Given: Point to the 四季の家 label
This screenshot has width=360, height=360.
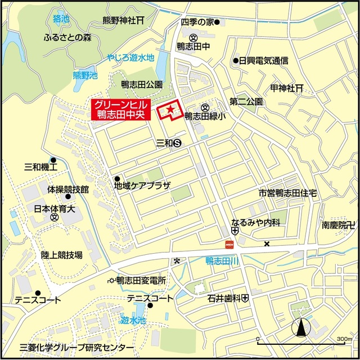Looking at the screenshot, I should [197, 22].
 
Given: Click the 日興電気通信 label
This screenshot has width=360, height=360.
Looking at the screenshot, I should [264, 60].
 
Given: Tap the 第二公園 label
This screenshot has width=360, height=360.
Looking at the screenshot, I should [246, 102].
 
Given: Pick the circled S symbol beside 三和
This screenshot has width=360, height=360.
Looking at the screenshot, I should [177, 143].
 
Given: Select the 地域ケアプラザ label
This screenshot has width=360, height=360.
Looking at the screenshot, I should [142, 184].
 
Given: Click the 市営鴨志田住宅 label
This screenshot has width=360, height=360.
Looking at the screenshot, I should [288, 193].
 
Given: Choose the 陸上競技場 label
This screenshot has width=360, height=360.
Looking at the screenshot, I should [62, 255].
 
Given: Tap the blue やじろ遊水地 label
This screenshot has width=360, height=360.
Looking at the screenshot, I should [131, 57].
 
